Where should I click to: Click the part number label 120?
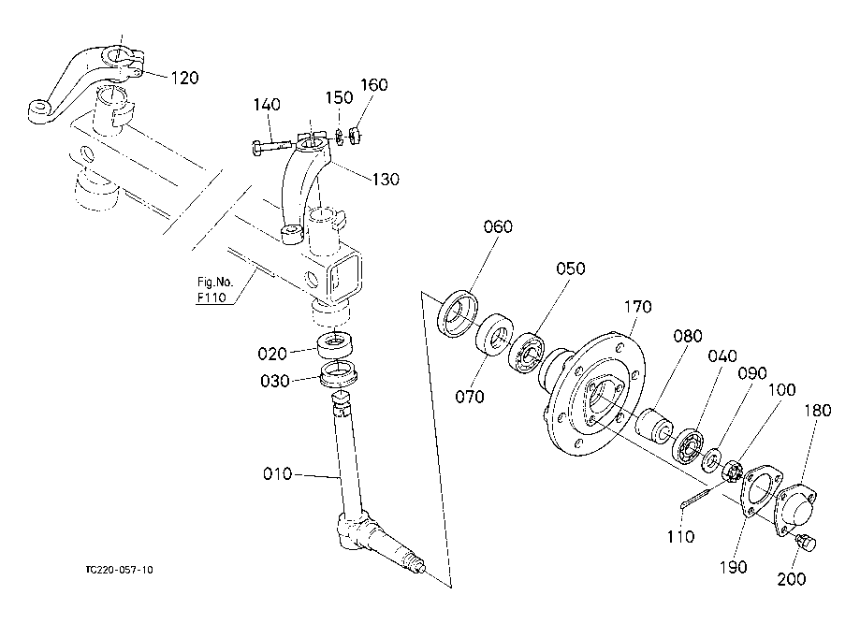pos(184,78)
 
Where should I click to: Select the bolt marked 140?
pos(271,147)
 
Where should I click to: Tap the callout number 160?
pos(374,84)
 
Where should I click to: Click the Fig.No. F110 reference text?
pos(215,289)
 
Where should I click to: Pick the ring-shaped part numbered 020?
pos(335,344)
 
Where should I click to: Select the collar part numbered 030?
pos(339,373)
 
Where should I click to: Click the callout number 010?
pos(278,473)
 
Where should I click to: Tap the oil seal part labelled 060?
pos(458,314)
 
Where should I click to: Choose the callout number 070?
pos(470,396)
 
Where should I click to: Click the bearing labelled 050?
pos(526,353)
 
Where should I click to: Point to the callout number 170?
pos(637,307)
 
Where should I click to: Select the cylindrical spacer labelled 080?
pos(654,426)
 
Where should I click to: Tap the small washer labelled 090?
pos(712,459)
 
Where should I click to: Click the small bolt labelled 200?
pos(805,542)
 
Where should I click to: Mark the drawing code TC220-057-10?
pos(119,570)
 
